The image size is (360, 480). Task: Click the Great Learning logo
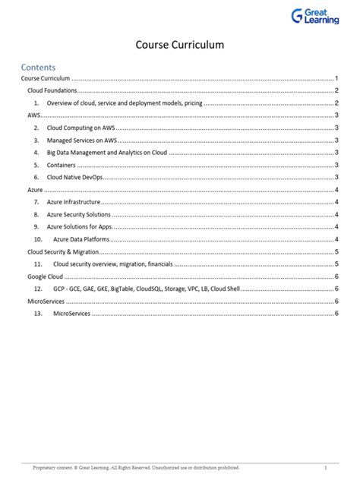pos(315,16)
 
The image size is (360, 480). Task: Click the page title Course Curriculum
pos(180,46)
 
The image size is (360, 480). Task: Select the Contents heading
pos(38,67)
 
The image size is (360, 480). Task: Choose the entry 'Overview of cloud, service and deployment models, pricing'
pos(125,103)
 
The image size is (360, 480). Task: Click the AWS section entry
pos(34,115)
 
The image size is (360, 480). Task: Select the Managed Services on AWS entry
pos(84,140)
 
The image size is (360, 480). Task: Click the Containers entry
pos(61,164)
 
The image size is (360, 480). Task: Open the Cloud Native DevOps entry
pos(74,176)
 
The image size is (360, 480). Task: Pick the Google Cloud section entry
pos(45,277)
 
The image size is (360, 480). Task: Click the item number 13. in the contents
pos(38,314)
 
